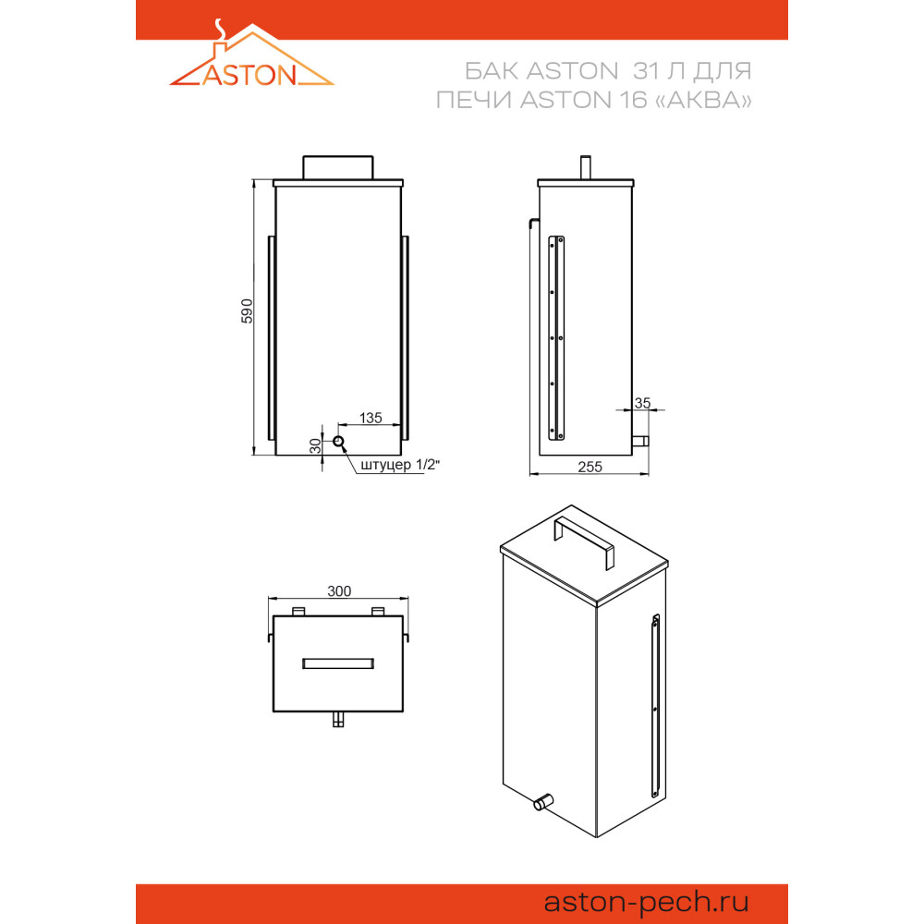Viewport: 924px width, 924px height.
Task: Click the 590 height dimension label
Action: tap(247, 311)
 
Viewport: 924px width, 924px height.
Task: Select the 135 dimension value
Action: tap(371, 418)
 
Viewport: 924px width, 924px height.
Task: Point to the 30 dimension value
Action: tap(316, 445)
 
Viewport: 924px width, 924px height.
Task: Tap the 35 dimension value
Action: tap(642, 403)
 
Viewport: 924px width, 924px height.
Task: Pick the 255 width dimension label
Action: tap(590, 467)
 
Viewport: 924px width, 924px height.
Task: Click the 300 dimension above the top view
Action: tap(339, 591)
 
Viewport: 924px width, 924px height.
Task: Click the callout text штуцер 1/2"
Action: tap(400, 465)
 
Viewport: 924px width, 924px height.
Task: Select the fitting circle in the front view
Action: tap(338, 442)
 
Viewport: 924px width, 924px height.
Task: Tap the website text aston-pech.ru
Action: tap(646, 902)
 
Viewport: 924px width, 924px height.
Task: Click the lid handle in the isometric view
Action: tap(583, 541)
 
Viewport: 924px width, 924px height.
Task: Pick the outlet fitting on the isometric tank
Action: tap(543, 802)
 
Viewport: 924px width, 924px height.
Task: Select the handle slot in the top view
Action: tap(337, 663)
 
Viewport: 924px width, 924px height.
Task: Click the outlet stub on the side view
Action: tap(640, 441)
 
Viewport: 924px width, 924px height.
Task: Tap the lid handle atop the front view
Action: tap(337, 167)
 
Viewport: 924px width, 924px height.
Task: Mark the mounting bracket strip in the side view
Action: tap(556, 337)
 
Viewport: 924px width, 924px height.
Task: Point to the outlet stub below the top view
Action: tap(337, 719)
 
